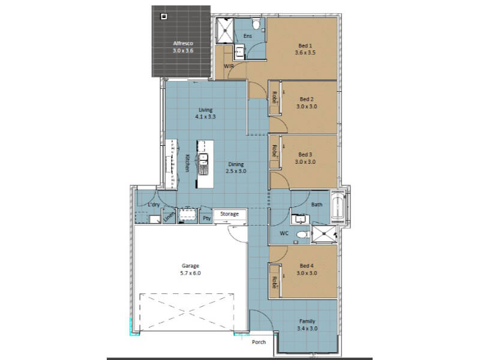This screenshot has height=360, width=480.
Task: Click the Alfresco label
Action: coord(183,43)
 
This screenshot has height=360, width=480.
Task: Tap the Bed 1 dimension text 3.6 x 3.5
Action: coord(305,53)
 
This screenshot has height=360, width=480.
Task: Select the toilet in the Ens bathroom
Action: coord(256,23)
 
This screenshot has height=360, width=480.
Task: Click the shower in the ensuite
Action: coord(224,31)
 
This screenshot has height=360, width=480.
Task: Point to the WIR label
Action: coord(229,66)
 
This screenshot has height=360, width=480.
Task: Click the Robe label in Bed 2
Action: coord(275,97)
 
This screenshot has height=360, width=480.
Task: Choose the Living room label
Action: coord(205,110)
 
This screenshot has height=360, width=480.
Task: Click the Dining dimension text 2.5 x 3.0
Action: coord(236,172)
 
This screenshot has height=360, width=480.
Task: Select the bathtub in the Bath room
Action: coord(338,205)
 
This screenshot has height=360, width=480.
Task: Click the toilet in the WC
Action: coord(302,235)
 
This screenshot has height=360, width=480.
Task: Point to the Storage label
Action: coord(229,214)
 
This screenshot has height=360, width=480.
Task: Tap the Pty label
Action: coord(207,218)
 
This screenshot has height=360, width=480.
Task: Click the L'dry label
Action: coord(154,205)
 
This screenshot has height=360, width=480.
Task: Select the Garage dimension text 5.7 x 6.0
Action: coord(190,274)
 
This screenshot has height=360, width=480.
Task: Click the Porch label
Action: coord(259,342)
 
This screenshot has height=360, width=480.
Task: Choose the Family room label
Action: coord(307,322)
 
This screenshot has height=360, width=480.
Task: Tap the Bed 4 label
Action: coord(307,266)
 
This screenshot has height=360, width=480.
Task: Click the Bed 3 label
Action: coord(305,155)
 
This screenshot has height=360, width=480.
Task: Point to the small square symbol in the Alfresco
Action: coord(164,16)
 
